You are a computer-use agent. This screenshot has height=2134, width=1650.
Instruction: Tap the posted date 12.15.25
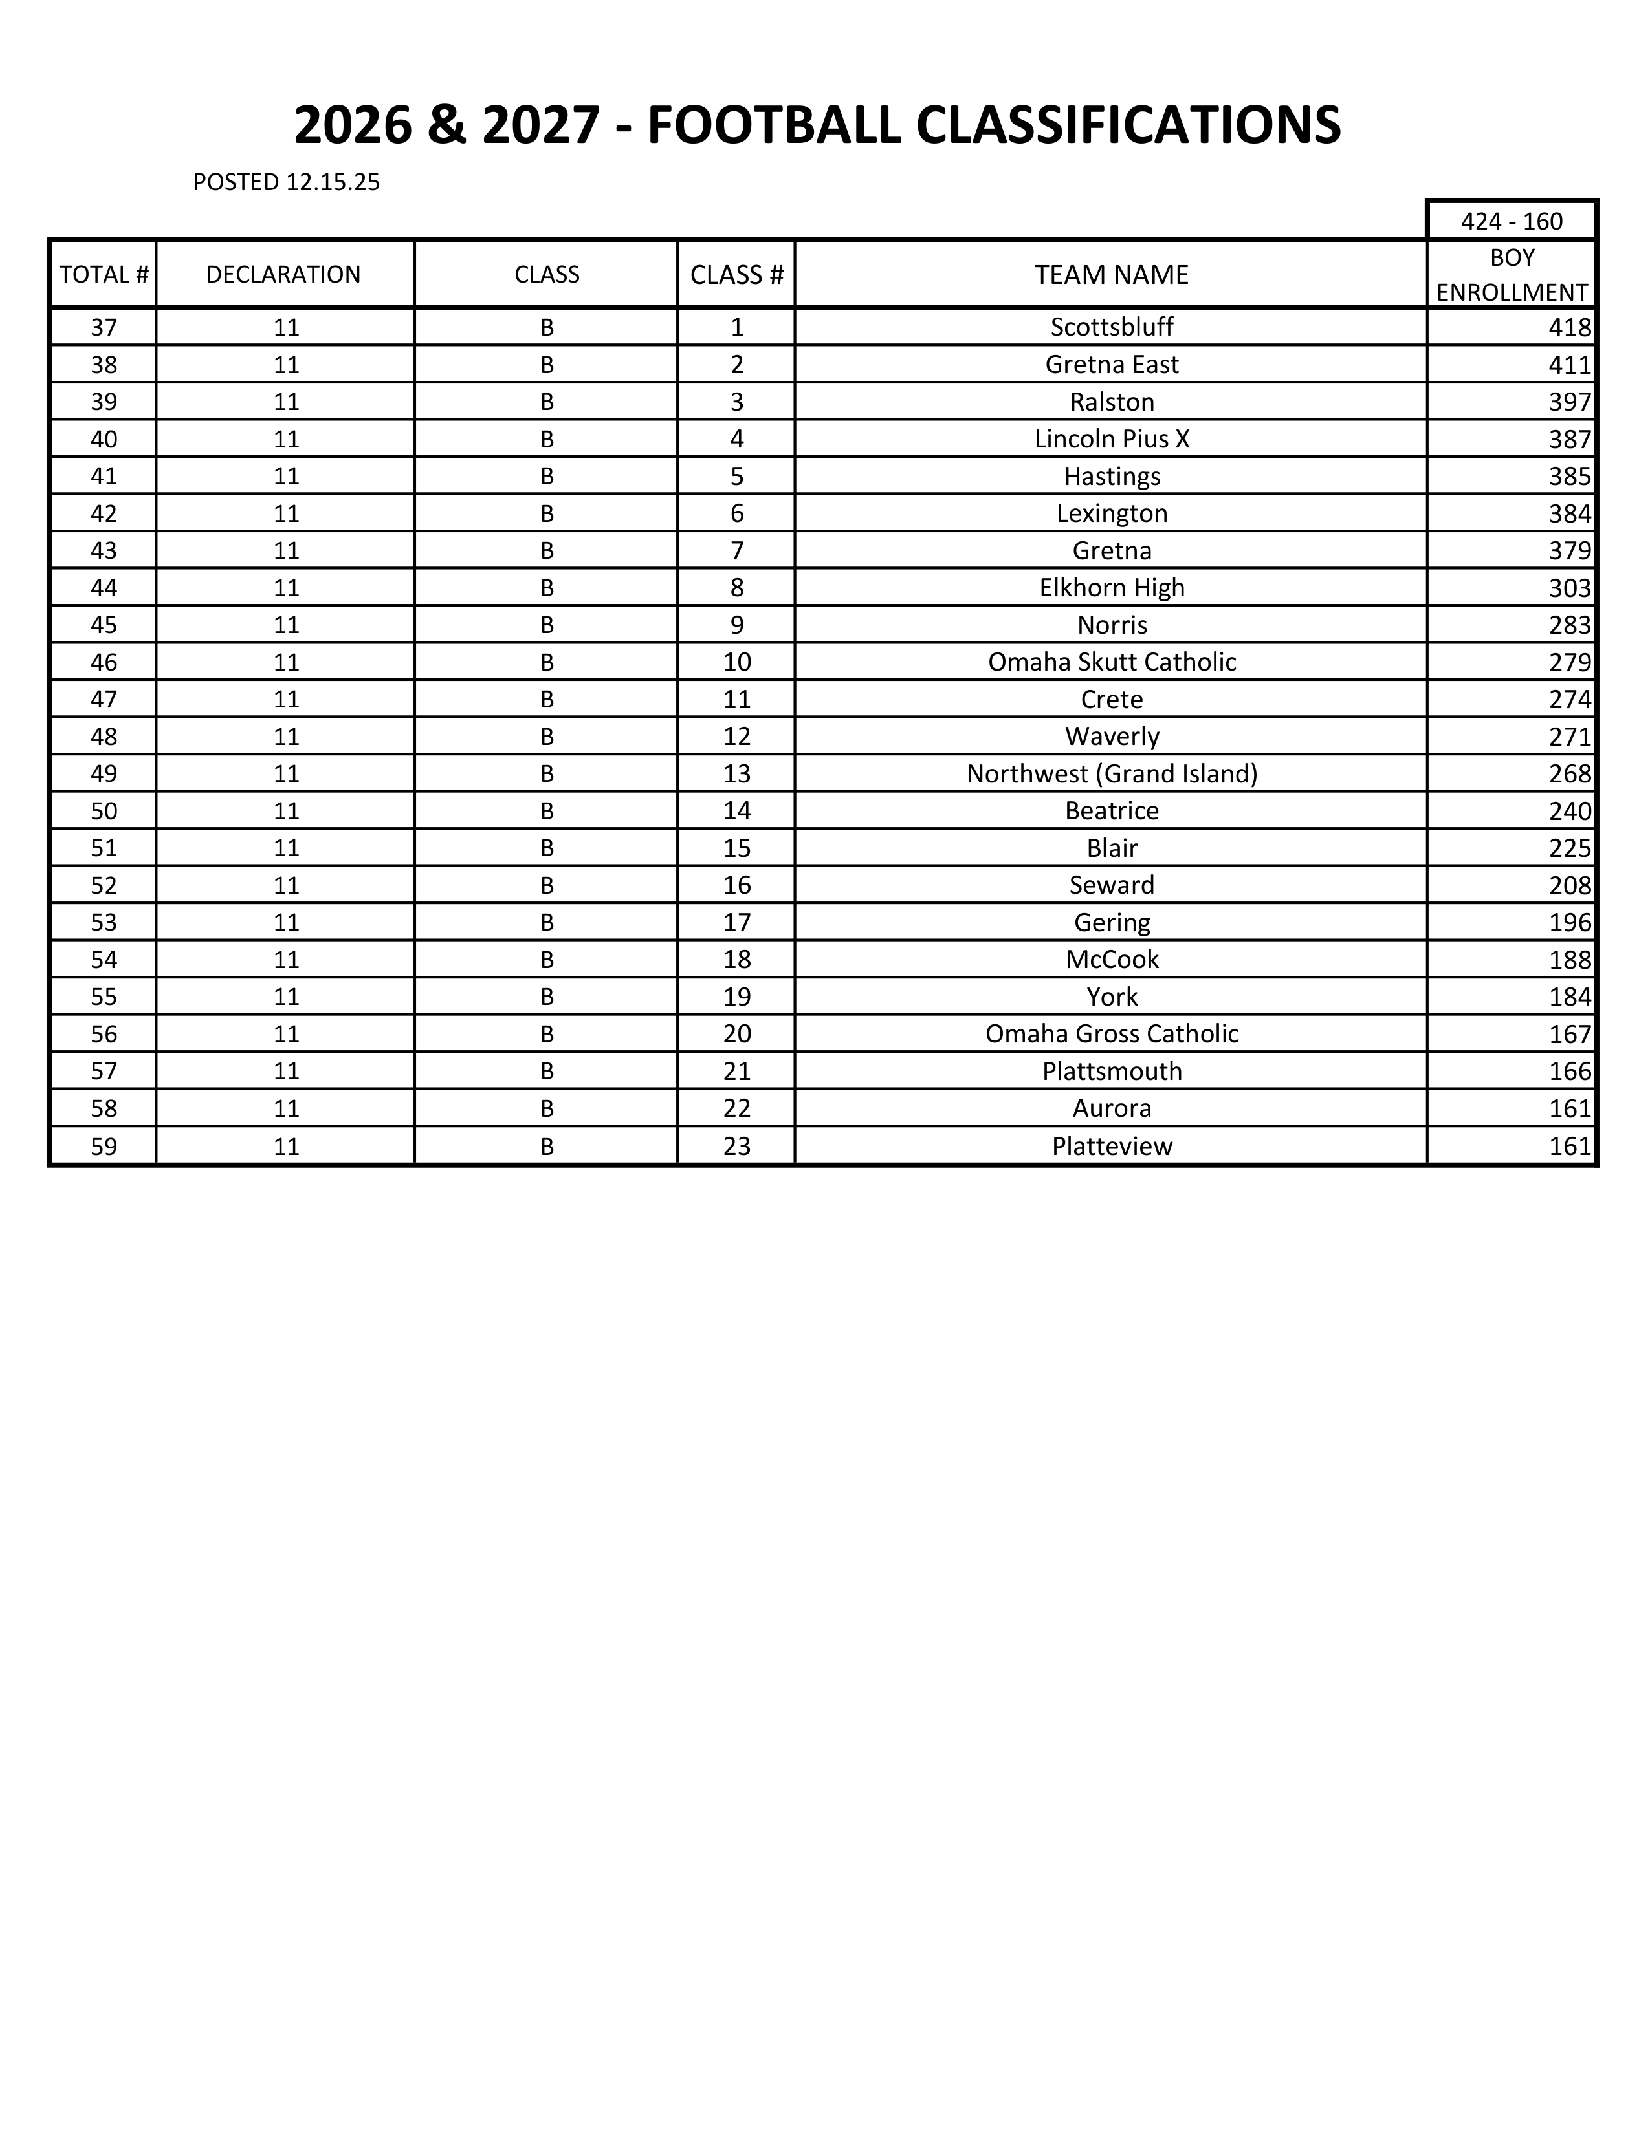pos(333,182)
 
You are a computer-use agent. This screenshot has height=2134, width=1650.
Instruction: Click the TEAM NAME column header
pos(1112,275)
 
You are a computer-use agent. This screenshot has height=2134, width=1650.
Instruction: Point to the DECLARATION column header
pos(283,275)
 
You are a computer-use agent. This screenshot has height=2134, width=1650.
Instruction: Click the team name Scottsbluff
pos(1112,327)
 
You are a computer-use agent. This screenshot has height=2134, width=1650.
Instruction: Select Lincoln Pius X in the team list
pos(1112,438)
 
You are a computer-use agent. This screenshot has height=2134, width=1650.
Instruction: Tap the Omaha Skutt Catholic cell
pos(1112,662)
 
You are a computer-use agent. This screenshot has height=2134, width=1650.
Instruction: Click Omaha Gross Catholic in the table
pos(1112,1034)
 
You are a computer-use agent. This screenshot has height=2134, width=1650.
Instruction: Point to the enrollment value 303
pos(1570,587)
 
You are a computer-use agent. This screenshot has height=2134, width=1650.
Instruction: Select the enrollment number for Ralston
pos(1570,402)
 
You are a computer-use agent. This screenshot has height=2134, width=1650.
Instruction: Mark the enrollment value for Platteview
pos(1570,1145)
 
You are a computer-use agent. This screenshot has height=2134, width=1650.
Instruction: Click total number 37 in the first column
pos(104,327)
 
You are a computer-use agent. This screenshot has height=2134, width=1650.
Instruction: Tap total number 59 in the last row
pos(104,1145)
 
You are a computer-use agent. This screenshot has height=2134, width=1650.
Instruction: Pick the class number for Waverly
pos(736,736)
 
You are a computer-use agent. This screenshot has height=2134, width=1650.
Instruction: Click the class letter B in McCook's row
pos(546,960)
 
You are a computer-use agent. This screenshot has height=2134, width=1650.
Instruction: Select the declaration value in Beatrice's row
pos(285,810)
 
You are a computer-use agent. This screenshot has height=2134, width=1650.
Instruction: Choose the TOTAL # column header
pos(104,275)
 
